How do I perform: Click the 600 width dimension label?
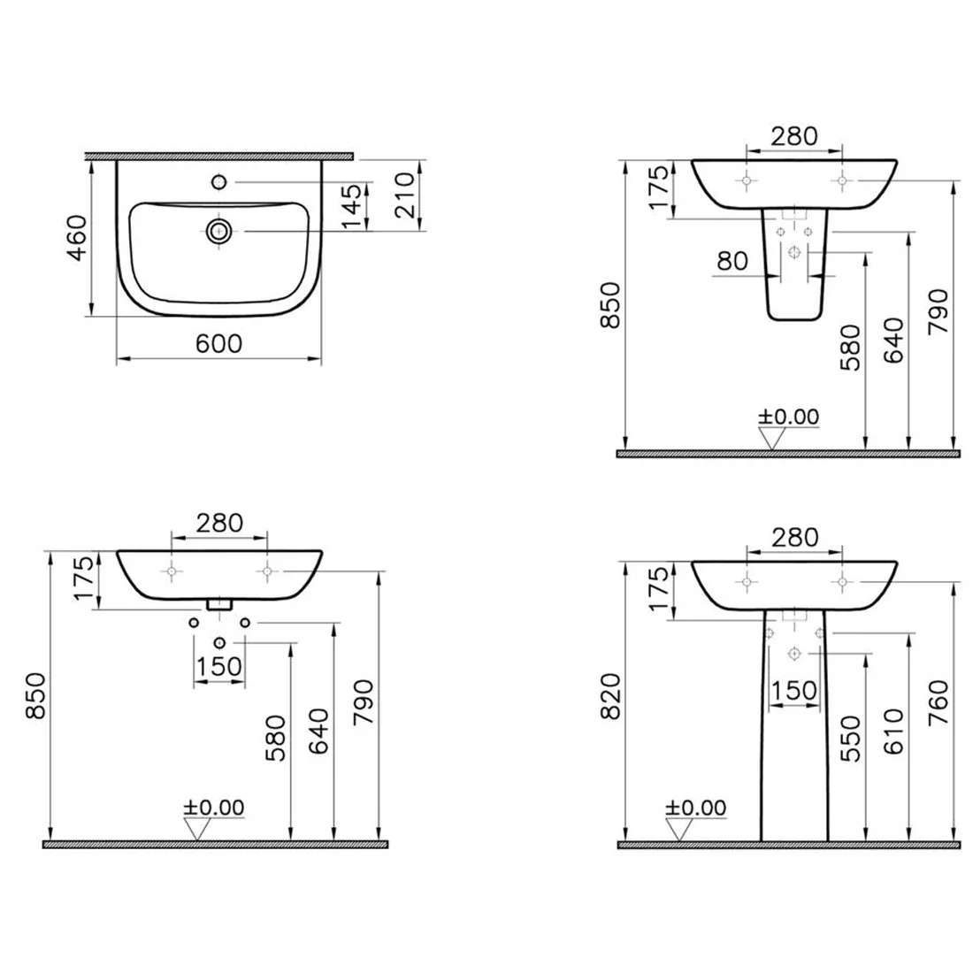click(218, 344)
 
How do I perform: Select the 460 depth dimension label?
click(77, 238)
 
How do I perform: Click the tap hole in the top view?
click(219, 182)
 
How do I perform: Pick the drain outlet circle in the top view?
click(218, 232)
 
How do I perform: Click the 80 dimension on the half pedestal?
click(732, 261)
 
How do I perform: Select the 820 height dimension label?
click(611, 695)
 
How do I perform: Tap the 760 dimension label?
click(939, 702)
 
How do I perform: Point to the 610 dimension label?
click(893, 732)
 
